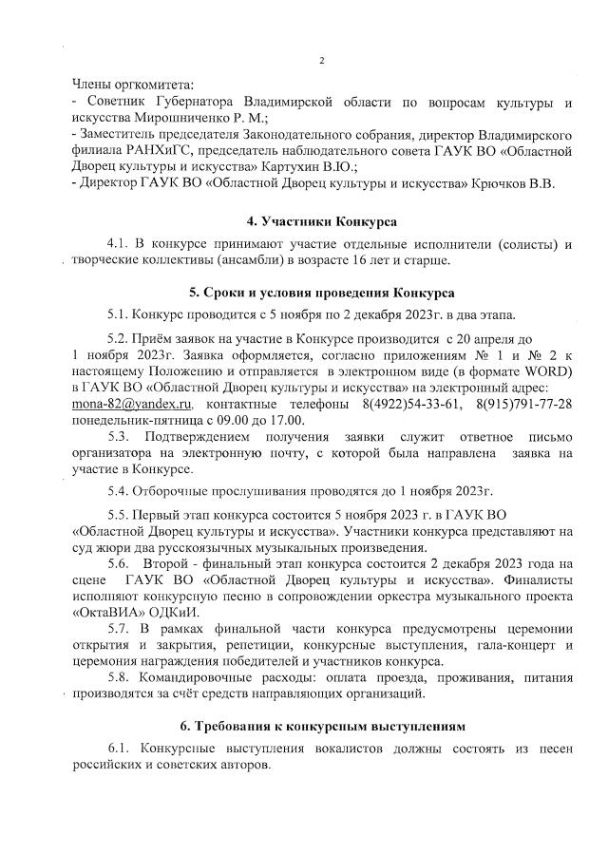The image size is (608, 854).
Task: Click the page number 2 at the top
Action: click(x=321, y=62)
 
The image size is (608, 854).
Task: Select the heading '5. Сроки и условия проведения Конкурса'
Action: click(x=322, y=291)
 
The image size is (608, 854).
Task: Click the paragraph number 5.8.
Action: click(x=120, y=678)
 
